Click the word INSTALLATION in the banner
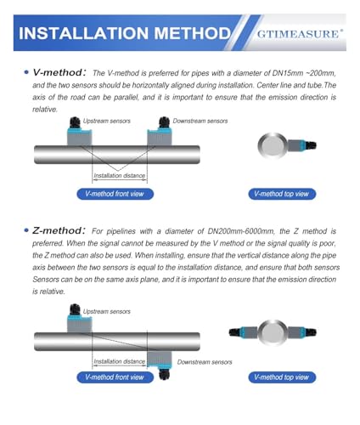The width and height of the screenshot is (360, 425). tap(83, 33)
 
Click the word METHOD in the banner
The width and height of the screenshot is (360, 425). tap(193, 33)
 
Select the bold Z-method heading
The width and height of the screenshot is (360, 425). tap(59, 230)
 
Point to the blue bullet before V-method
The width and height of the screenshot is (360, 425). tap(26, 72)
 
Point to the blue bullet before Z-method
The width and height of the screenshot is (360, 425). tap(26, 230)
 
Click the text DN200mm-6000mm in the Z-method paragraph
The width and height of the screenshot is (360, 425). tap(241, 231)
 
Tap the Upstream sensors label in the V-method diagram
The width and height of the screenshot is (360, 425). tap(107, 121)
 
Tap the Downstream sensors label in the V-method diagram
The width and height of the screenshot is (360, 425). tap(200, 121)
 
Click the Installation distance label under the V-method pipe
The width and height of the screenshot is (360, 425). tap(120, 176)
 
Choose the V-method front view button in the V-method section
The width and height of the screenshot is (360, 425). tap(115, 194)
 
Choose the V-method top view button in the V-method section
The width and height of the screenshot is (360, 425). tap(282, 194)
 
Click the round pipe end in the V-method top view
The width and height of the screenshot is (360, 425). tap(273, 146)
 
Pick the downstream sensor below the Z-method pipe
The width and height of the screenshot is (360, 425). tap(160, 364)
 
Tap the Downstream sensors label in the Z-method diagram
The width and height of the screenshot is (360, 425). tap(205, 362)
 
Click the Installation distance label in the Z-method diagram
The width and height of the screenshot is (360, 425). tap(120, 361)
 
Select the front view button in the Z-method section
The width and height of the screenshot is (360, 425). tap(115, 377)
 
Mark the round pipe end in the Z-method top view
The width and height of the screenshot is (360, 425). tap(273, 332)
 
